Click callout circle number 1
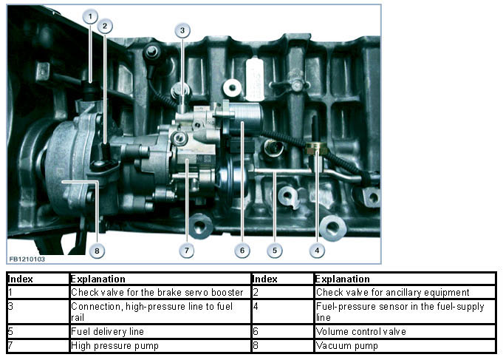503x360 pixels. (89, 16)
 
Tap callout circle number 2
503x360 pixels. (106, 26)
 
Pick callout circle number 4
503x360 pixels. (317, 251)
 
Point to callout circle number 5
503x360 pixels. (274, 251)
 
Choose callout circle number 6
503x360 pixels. (241, 251)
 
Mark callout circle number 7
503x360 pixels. (186, 251)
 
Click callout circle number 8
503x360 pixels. (95, 251)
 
